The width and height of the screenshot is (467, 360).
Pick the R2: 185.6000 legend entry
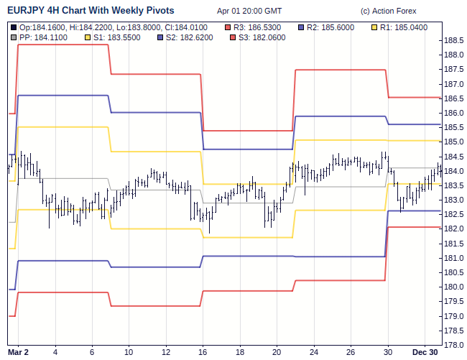(330, 27)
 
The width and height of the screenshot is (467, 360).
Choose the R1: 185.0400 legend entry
(402, 27)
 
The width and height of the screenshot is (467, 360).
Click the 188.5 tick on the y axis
(453, 41)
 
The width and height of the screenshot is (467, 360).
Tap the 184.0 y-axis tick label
(453, 171)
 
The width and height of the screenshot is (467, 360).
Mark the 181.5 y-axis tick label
(453, 244)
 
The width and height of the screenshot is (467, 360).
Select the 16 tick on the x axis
(203, 351)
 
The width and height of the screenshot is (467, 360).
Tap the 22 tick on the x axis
(314, 351)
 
